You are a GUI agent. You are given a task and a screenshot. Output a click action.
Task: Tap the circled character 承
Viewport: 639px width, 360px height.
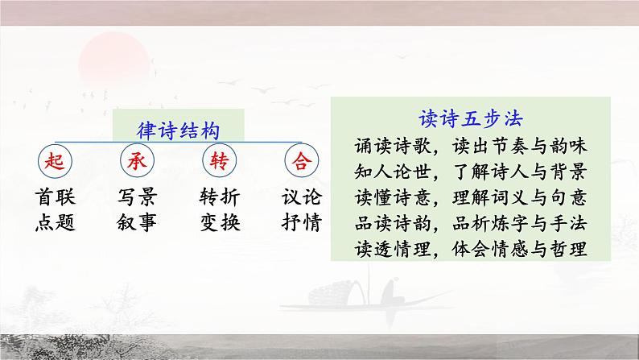coord(136,162)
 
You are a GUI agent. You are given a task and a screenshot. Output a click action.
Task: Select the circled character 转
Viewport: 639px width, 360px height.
coord(218,162)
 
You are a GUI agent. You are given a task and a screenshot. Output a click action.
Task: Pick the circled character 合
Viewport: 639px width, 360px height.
coord(302,162)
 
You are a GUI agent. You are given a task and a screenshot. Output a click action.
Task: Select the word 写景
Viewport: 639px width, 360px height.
coord(136,198)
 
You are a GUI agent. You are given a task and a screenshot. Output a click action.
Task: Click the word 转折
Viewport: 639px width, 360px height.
coord(218,198)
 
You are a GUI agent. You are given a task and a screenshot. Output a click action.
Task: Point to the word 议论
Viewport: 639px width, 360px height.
coord(302,198)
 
